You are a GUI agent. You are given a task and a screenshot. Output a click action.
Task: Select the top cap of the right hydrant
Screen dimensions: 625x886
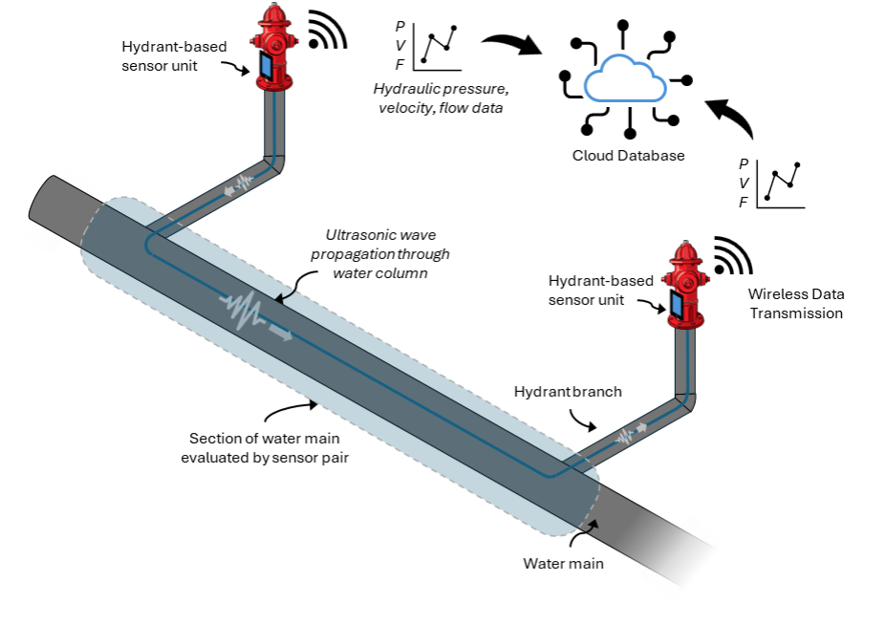[684, 251]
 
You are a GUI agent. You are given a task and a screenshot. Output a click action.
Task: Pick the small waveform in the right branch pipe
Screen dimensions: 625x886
[624, 436]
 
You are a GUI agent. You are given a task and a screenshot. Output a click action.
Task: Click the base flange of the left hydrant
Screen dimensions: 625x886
[274, 86]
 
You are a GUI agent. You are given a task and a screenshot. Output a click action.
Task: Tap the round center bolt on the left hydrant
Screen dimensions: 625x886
[275, 43]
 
